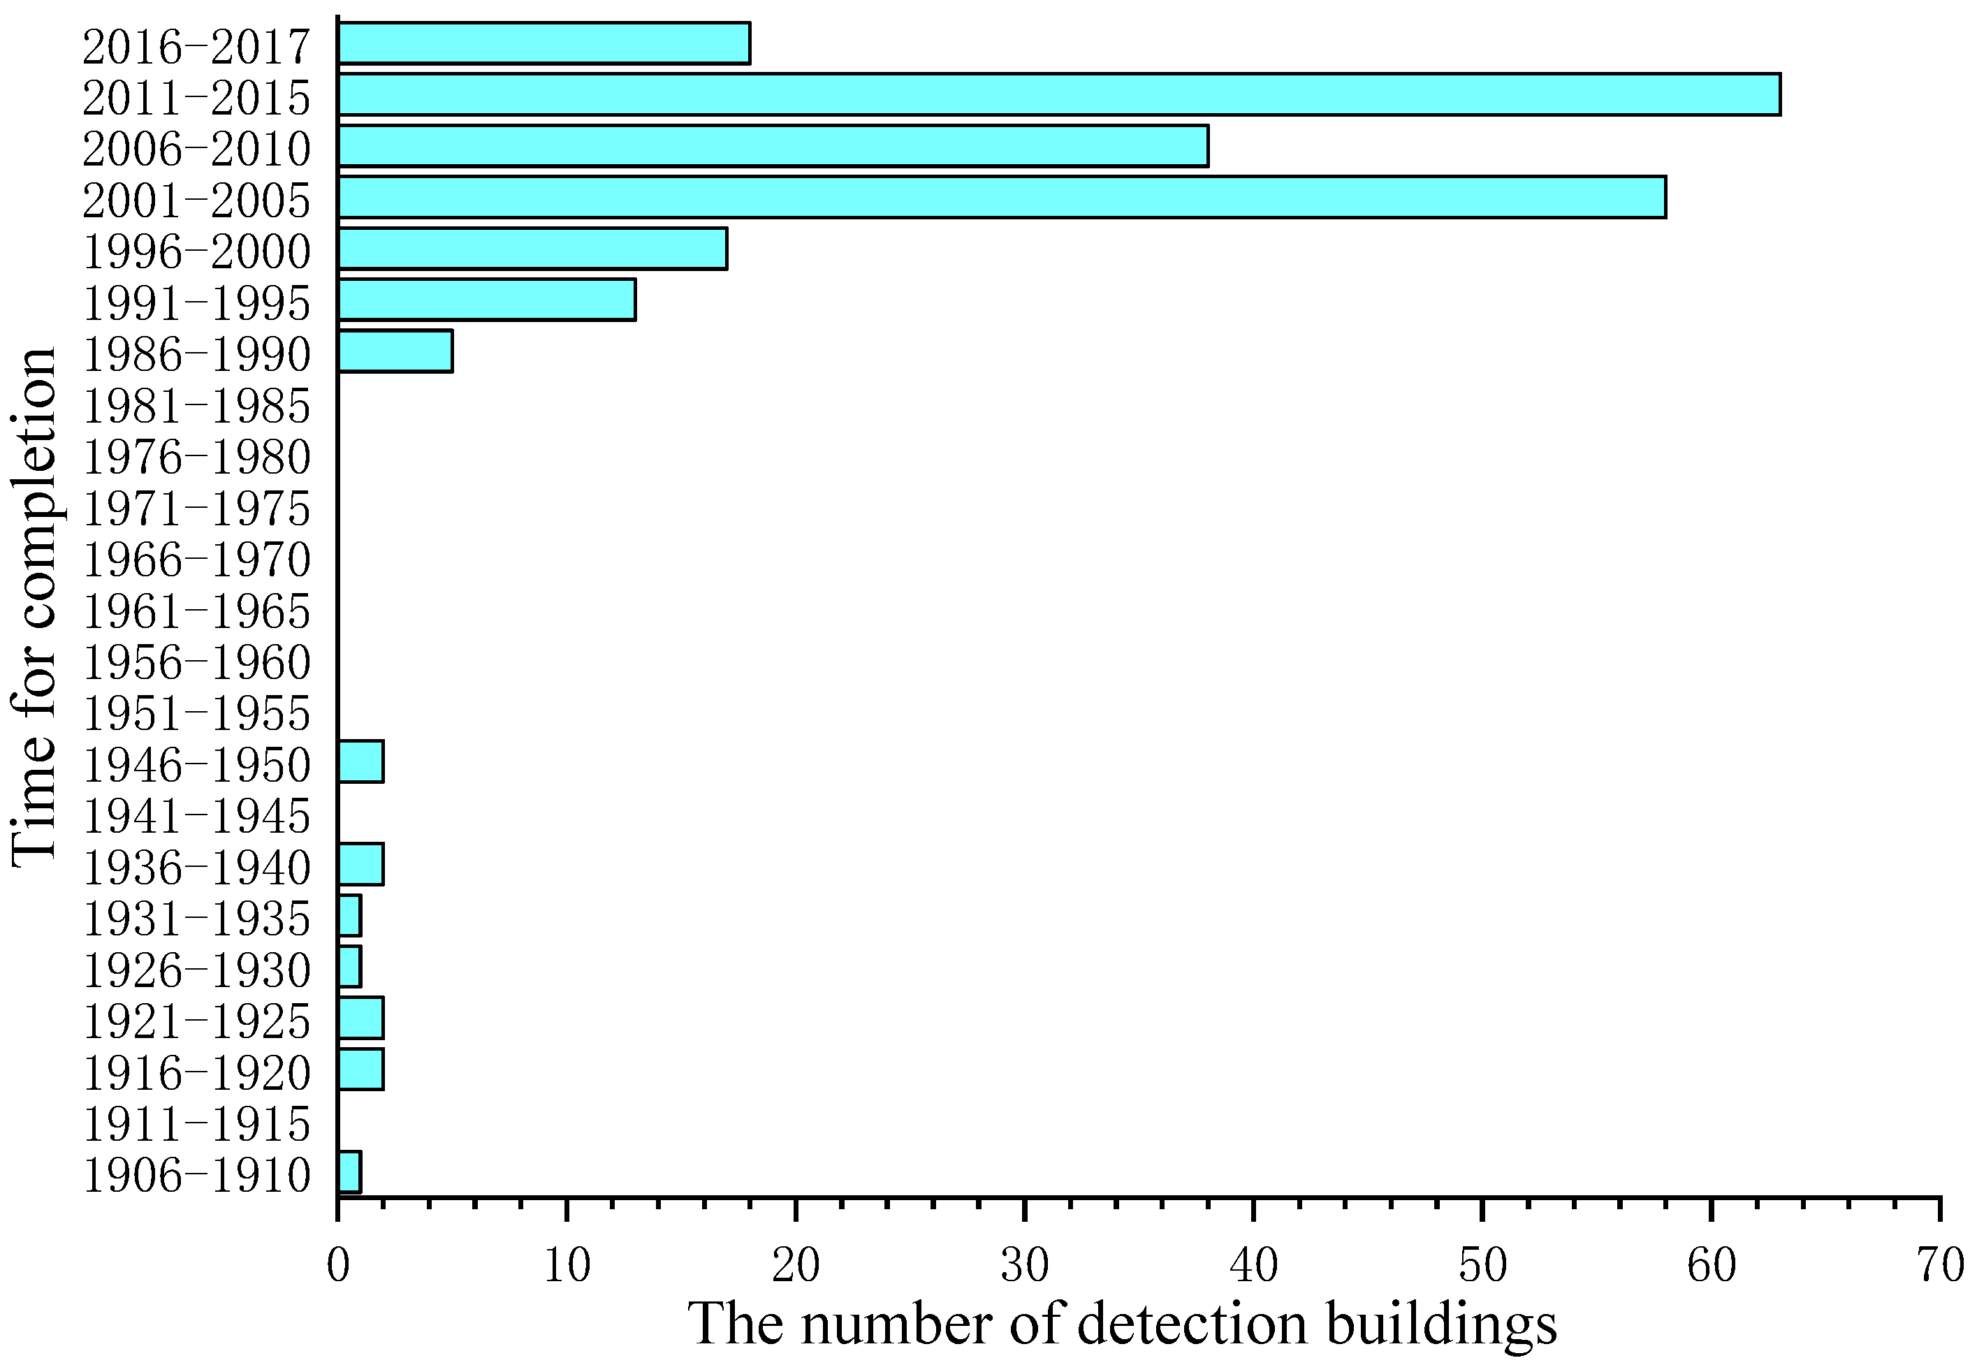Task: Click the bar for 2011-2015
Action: click(x=1058, y=94)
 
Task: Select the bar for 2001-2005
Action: click(x=1001, y=197)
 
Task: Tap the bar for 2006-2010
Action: click(x=773, y=146)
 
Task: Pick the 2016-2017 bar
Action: click(x=544, y=44)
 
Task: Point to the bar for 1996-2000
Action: click(x=533, y=249)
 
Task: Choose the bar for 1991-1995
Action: click(x=486, y=300)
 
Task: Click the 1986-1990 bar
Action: click(x=395, y=351)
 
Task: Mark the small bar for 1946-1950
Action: click(x=361, y=761)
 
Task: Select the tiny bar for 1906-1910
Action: click(x=350, y=1172)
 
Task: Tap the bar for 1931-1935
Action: click(x=350, y=916)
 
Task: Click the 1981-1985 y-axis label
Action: click(x=196, y=406)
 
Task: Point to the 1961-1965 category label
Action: click(x=196, y=611)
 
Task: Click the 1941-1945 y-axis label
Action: click(x=196, y=816)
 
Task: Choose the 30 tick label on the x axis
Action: click(x=1025, y=1265)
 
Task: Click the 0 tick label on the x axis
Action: click(x=339, y=1265)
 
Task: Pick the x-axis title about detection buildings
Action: click(x=1122, y=1324)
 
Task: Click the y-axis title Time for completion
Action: click(x=34, y=606)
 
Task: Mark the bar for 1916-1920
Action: click(x=361, y=1070)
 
